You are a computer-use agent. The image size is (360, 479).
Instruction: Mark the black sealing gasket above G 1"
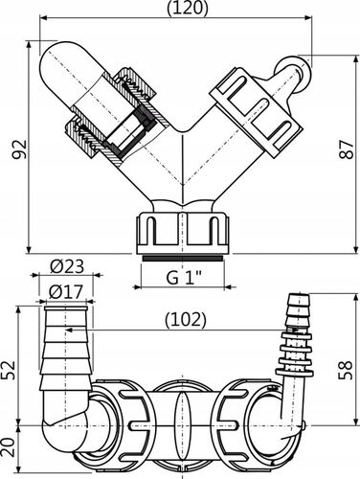point(181,257)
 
